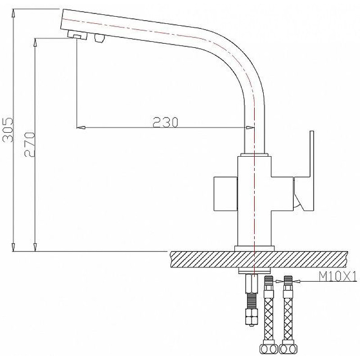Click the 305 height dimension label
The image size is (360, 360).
click(8, 130)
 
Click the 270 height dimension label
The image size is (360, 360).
click(30, 144)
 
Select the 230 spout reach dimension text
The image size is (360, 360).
click(166, 122)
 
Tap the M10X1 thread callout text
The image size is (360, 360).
click(338, 276)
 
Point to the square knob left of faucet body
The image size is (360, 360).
click(225, 193)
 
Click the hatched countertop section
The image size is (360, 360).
click(259, 260)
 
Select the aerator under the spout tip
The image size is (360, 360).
click(77, 36)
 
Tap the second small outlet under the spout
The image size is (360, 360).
click(99, 38)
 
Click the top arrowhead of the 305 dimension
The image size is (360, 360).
click(13, 13)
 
